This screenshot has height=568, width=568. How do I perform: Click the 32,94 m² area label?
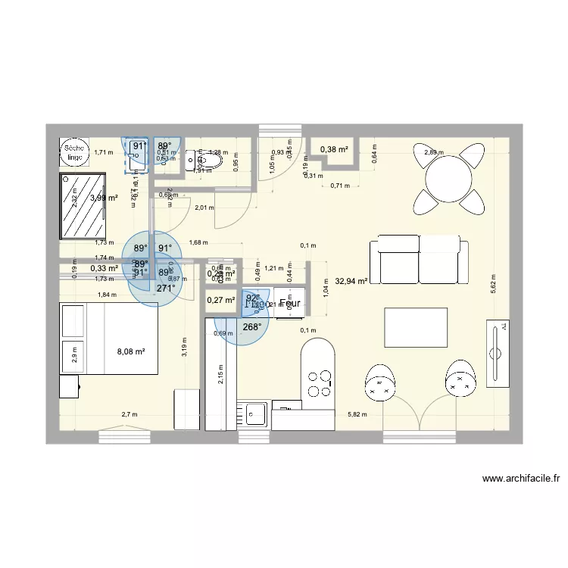[x=353, y=281]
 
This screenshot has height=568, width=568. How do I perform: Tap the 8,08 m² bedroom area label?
[x=130, y=351]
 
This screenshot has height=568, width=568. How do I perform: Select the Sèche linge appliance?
[x=73, y=152]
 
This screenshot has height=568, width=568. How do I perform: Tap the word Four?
[x=290, y=304]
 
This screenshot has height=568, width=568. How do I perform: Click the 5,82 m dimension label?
[x=357, y=414]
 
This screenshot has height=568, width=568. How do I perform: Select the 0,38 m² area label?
[x=333, y=149]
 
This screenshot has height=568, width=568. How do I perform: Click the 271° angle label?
[x=166, y=288]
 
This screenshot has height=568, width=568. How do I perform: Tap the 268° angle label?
[x=252, y=327]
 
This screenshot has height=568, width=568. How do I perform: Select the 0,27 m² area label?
[x=220, y=301]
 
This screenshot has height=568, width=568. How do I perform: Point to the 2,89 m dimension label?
[x=434, y=152]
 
